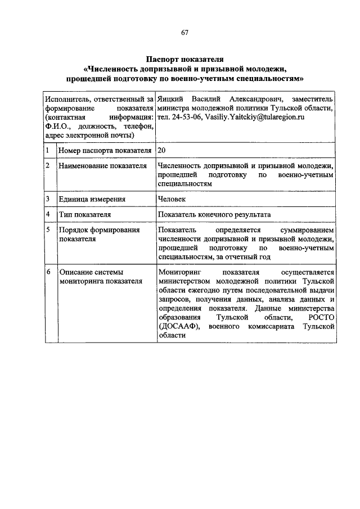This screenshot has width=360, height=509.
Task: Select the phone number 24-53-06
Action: [181, 117]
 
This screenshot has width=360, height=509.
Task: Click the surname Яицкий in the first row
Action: [170, 99]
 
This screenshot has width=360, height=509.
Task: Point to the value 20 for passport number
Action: [162, 151]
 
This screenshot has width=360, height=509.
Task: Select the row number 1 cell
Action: [48, 151]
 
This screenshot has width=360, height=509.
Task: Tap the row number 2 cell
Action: [48, 166]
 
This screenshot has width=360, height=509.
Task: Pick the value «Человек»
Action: [172, 199]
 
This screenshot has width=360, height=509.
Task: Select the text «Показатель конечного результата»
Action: [214, 214]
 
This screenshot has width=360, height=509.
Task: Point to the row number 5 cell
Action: [48, 230]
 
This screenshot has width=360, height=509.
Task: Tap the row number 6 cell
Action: [48, 273]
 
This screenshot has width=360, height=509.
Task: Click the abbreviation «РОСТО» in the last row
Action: [321, 317]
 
